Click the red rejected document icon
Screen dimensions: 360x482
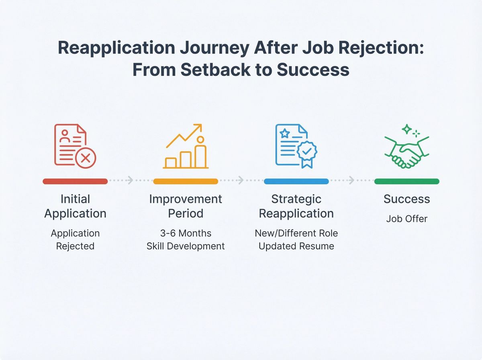tap(75, 145)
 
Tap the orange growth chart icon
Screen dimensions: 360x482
tap(186, 147)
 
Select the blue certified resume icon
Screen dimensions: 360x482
tap(296, 145)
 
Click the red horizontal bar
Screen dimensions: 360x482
tap(75, 181)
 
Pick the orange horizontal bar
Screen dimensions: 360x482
tap(186, 181)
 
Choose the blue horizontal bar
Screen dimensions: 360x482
tap(296, 181)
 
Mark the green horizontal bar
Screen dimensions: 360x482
tap(406, 181)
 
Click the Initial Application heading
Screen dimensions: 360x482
tap(75, 206)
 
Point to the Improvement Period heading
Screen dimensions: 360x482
tap(186, 206)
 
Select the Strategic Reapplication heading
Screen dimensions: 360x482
tap(296, 206)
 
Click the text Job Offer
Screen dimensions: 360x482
tap(406, 219)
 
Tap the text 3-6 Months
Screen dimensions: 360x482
tap(186, 233)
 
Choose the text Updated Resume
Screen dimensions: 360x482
tap(296, 246)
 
